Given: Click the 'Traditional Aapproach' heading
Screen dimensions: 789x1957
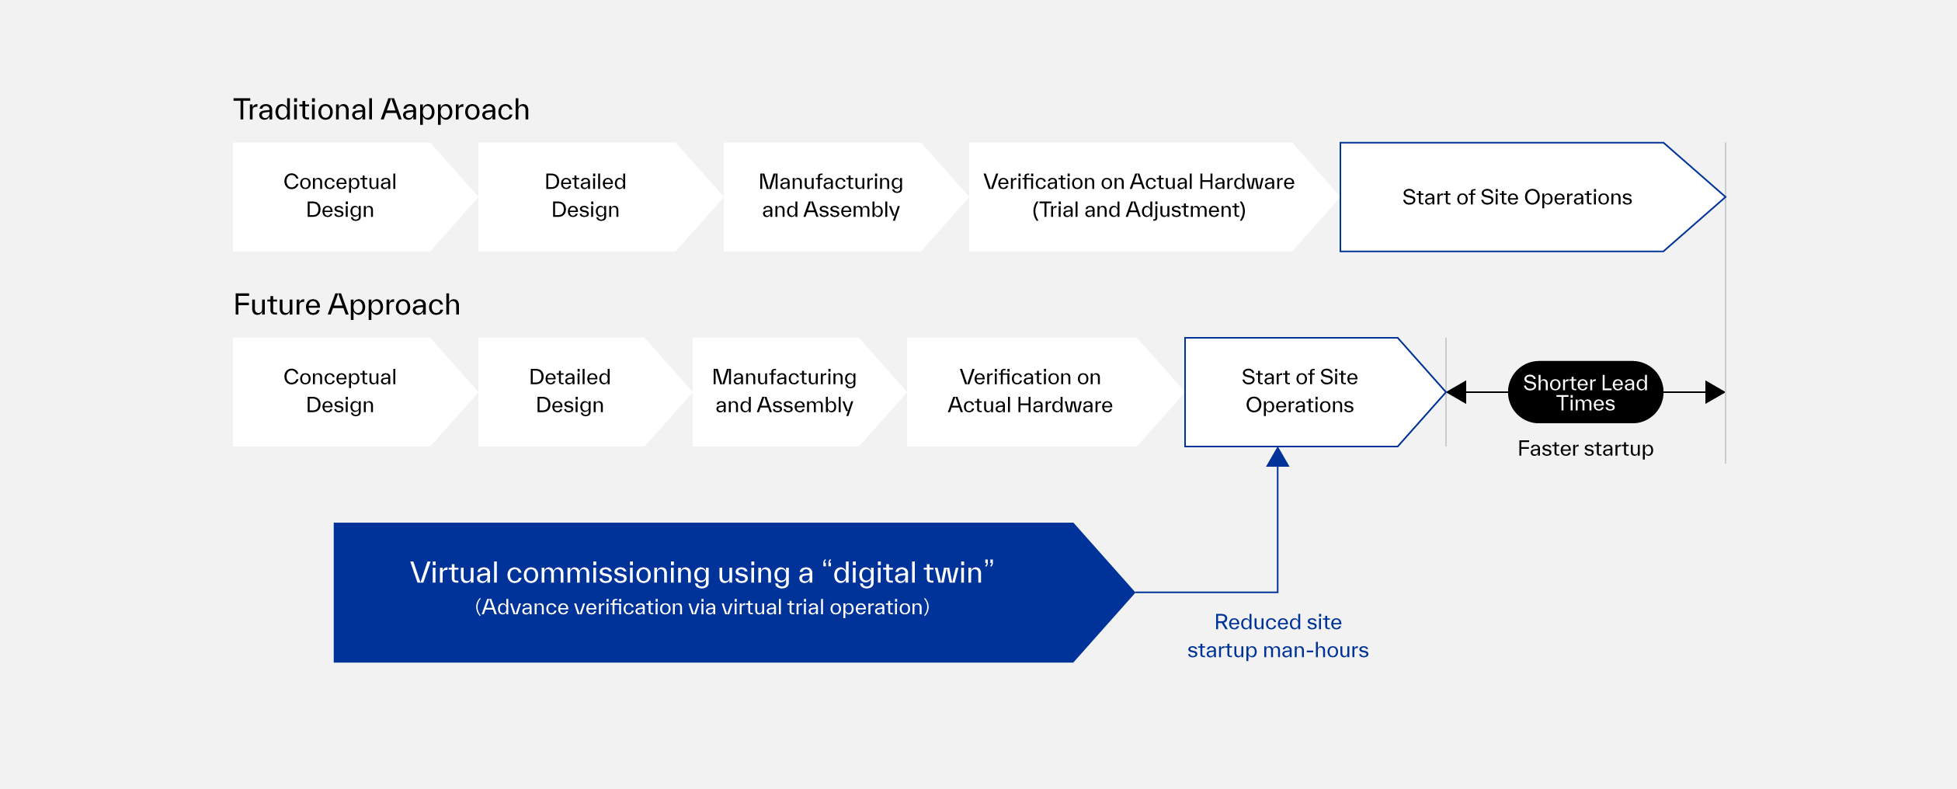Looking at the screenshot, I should pyautogui.click(x=381, y=110).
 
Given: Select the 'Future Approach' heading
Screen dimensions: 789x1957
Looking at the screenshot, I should pyautogui.click(x=346, y=305).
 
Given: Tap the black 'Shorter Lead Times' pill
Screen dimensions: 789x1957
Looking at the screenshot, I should pyautogui.click(x=1585, y=392).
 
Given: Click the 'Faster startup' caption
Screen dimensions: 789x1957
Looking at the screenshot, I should pyautogui.click(x=1585, y=449).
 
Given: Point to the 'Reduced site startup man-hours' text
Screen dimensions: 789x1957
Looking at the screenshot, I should pyautogui.click(x=1277, y=636).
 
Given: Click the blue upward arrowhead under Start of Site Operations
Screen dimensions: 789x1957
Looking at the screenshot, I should pyautogui.click(x=1277, y=457).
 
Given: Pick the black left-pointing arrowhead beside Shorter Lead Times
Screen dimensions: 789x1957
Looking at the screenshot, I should pyautogui.click(x=1457, y=392).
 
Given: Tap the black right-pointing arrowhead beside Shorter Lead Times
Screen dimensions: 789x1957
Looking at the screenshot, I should pyautogui.click(x=1714, y=392).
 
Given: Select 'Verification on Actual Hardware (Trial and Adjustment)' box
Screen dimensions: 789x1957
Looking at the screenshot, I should pyautogui.click(x=1138, y=196).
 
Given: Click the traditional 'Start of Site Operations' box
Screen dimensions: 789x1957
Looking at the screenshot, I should pyautogui.click(x=1517, y=197).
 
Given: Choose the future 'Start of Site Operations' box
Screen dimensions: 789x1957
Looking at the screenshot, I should pyautogui.click(x=1299, y=391).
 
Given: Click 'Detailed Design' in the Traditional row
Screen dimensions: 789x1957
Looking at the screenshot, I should pyautogui.click(x=585, y=196).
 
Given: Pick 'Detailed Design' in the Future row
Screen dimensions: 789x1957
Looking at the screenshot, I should pyautogui.click(x=569, y=391).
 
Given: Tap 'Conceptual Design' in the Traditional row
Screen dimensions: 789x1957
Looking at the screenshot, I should pyautogui.click(x=339, y=196).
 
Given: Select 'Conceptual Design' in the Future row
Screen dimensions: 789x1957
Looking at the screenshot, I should pyautogui.click(x=339, y=391).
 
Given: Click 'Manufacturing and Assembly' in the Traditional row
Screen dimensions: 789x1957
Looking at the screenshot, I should pyautogui.click(x=830, y=196).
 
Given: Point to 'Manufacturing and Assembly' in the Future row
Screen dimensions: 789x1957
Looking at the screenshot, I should pyautogui.click(x=784, y=391).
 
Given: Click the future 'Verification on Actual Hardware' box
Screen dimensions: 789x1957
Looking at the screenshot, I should pyautogui.click(x=1030, y=391).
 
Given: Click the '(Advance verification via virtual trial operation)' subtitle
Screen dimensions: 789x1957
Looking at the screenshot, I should pyautogui.click(x=702, y=607).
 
